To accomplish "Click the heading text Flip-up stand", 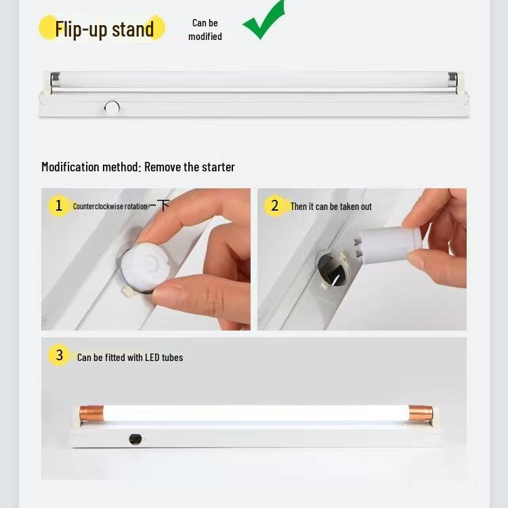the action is point(104,29).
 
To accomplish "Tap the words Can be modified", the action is point(205,30).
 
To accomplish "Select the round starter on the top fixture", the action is point(112,108).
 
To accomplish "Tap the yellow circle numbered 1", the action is point(58,206).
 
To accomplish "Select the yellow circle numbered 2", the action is point(274,206).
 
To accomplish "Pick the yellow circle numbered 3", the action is point(59,355).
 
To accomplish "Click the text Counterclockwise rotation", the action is point(110,207).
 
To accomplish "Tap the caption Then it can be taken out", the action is point(331,207).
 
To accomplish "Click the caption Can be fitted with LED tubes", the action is point(130,358).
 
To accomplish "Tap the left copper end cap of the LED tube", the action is point(91,413).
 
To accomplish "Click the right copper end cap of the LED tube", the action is point(421,412).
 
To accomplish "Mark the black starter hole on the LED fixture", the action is point(135,439).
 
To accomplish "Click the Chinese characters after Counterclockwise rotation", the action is point(159,205).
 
